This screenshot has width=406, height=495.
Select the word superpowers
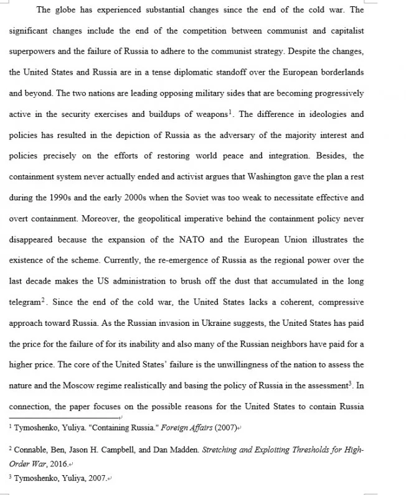click(32, 52)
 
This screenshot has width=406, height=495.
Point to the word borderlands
click(339, 73)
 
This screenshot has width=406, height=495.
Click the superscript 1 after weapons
click(230, 112)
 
